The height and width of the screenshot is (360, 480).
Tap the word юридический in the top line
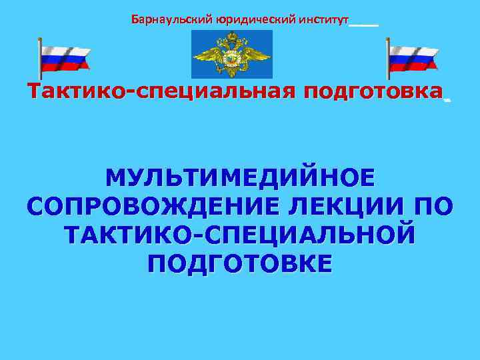(243, 19)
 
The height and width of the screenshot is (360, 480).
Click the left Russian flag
(65, 58)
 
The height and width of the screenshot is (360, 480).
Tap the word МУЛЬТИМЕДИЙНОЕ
(240, 179)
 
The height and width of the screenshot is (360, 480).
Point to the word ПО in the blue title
(430, 207)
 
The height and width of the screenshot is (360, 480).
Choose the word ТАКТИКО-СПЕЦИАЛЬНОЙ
(240, 235)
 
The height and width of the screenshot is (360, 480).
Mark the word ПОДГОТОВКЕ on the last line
(240, 264)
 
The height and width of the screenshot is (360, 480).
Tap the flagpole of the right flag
(388, 60)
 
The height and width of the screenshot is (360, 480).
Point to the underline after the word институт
(364, 24)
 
